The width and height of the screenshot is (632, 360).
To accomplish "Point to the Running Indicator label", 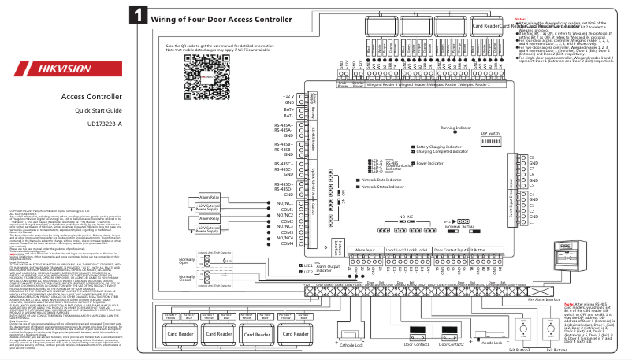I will tap(456, 127).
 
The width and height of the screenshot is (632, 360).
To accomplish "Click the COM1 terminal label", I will tap(287, 210).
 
